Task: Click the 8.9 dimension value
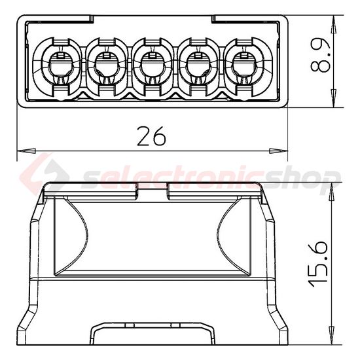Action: point(319,60)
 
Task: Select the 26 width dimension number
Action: point(152,136)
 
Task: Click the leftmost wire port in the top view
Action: point(58,63)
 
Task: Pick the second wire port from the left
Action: point(105,63)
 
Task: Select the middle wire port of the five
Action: point(151,63)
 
